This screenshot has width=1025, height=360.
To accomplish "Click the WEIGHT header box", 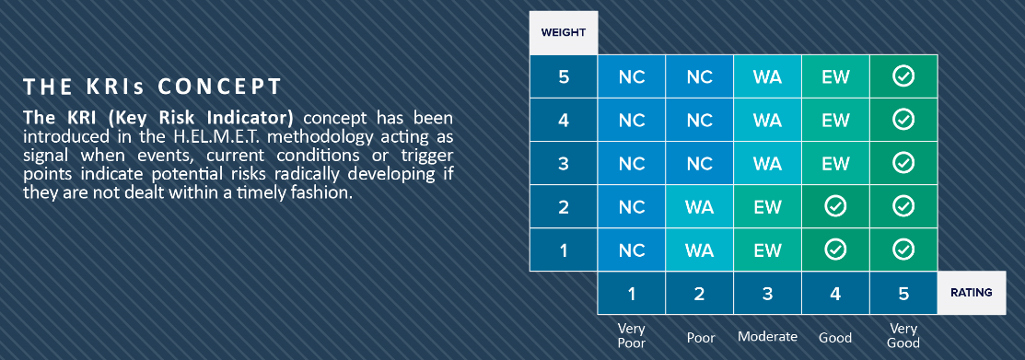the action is [564, 33].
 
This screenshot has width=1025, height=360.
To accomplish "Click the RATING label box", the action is [973, 293].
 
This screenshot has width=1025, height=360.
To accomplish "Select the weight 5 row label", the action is [564, 77].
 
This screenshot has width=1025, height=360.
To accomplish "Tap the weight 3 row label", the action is [564, 163].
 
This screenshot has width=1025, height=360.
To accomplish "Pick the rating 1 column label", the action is [632, 294].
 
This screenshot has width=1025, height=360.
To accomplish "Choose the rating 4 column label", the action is [835, 294].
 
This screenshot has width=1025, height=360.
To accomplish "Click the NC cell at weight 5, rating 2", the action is [700, 77].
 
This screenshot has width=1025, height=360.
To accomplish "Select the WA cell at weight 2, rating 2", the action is [700, 206].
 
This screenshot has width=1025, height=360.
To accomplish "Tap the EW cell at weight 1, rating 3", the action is [767, 250].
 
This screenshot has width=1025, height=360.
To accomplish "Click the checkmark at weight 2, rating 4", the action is [835, 206].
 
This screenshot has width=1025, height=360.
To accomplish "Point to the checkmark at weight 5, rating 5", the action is [903, 77].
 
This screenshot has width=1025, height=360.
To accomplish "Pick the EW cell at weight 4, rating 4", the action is [835, 121].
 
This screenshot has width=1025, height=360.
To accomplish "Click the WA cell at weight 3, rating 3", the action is [767, 163].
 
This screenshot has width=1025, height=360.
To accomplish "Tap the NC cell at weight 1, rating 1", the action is [632, 250].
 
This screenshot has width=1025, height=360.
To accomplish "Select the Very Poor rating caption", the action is [632, 336].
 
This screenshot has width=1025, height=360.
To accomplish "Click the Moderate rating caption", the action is [767, 336].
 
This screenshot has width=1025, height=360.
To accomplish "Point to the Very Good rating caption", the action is [903, 336].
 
